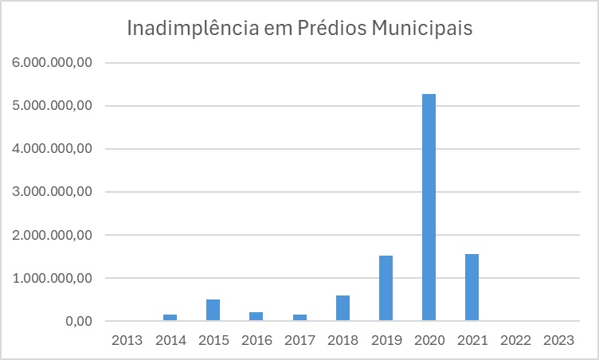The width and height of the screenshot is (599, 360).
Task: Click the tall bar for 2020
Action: (x=429, y=207)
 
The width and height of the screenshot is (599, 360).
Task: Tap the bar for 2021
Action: (x=472, y=288)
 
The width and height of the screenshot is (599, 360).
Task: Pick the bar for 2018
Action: (x=343, y=308)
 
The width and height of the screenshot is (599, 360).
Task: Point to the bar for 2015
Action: (x=213, y=310)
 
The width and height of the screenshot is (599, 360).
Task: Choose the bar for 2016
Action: (x=256, y=316)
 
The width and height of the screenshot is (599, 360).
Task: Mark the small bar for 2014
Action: (x=170, y=317)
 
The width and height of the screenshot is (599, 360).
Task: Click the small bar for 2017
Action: (x=299, y=317)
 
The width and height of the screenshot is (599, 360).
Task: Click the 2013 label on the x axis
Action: (x=127, y=340)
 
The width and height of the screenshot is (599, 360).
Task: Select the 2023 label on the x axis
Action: (x=558, y=340)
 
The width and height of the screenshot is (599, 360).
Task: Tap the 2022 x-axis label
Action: (x=515, y=340)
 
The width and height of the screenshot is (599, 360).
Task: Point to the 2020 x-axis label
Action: (x=429, y=340)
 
